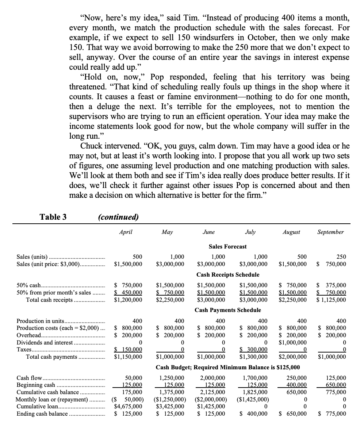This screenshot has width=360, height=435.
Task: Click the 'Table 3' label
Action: coord(53,217)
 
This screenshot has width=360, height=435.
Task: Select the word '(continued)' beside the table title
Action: coord(118,217)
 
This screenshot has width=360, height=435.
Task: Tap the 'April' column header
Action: coord(126,232)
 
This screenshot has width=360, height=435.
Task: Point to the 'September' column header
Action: coord(330,232)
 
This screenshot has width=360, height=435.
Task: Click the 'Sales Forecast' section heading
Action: coord(227,247)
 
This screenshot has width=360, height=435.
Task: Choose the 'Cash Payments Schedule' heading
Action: coord(228,310)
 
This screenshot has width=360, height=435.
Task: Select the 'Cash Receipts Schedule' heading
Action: coord(228,274)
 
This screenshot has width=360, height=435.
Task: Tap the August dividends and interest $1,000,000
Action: coord(292,342)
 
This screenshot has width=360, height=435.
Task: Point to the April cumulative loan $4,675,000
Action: coord(128,406)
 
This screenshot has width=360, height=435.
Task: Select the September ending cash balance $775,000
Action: coord(332,413)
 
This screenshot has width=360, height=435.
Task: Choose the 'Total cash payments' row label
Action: coord(51,357)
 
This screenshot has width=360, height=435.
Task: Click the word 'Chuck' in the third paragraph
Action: coord(92,146)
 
